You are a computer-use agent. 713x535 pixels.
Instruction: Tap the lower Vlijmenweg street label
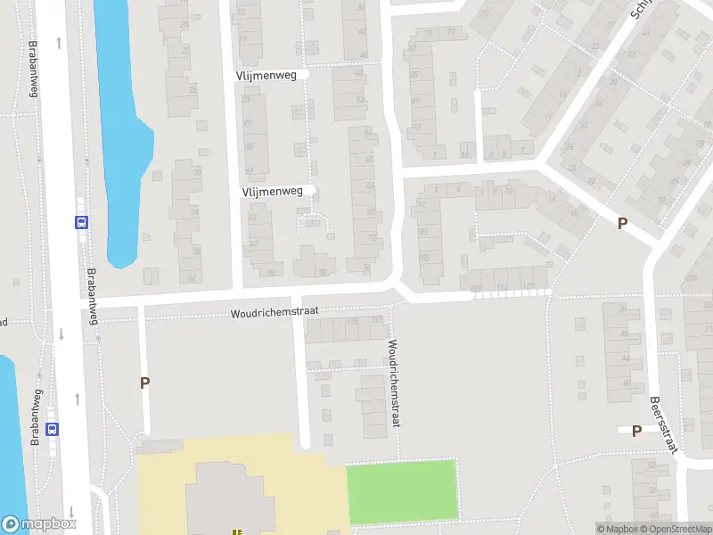click(x=277, y=191)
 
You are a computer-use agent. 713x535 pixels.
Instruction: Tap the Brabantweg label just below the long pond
click(x=91, y=295)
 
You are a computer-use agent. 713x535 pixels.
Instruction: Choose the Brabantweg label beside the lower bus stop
click(x=37, y=417)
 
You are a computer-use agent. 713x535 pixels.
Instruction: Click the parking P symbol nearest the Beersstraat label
click(x=636, y=432)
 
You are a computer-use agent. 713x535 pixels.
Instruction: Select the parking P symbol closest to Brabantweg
click(x=144, y=383)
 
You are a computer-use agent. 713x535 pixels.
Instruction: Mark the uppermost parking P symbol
click(x=622, y=224)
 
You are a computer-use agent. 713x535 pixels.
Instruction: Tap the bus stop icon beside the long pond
click(x=81, y=223)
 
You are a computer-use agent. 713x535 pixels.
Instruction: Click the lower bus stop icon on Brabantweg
click(x=53, y=428)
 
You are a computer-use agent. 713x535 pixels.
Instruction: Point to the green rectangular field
click(x=401, y=490)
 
